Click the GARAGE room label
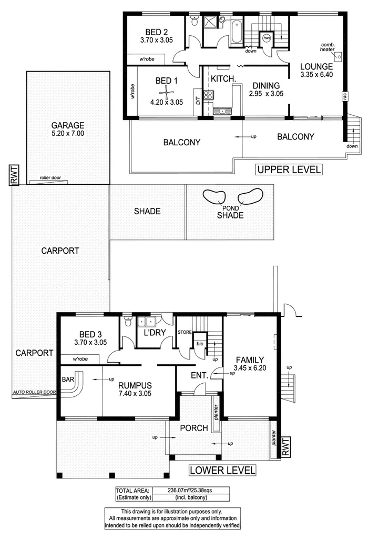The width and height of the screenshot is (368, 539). [68, 125]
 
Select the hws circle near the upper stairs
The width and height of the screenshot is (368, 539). [267, 38]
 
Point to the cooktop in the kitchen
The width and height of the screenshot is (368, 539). [208, 95]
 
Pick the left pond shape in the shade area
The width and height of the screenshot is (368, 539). [214, 197]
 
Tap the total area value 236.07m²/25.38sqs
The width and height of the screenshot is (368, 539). [190, 490]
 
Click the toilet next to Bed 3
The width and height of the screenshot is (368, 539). [128, 321]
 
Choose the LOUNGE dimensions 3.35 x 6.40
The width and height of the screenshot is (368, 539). [316, 75]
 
